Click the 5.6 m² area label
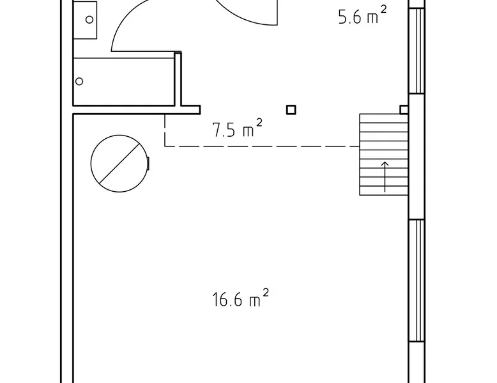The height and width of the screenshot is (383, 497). coord(363,16)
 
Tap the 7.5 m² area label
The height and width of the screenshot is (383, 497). coord(237,128)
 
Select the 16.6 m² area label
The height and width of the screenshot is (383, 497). coord(240,298)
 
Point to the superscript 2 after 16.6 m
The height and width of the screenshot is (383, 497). coord(266,292)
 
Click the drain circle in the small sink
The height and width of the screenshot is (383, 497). coord(89,20)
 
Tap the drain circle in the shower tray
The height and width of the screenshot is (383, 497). coord(79,82)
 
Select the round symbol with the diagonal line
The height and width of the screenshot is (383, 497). coord(119,164)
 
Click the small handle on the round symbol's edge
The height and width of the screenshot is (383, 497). coord(148,164)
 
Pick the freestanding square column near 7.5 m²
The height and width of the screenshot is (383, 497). coord(291,110)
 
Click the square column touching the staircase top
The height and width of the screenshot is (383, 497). coord(404,110)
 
